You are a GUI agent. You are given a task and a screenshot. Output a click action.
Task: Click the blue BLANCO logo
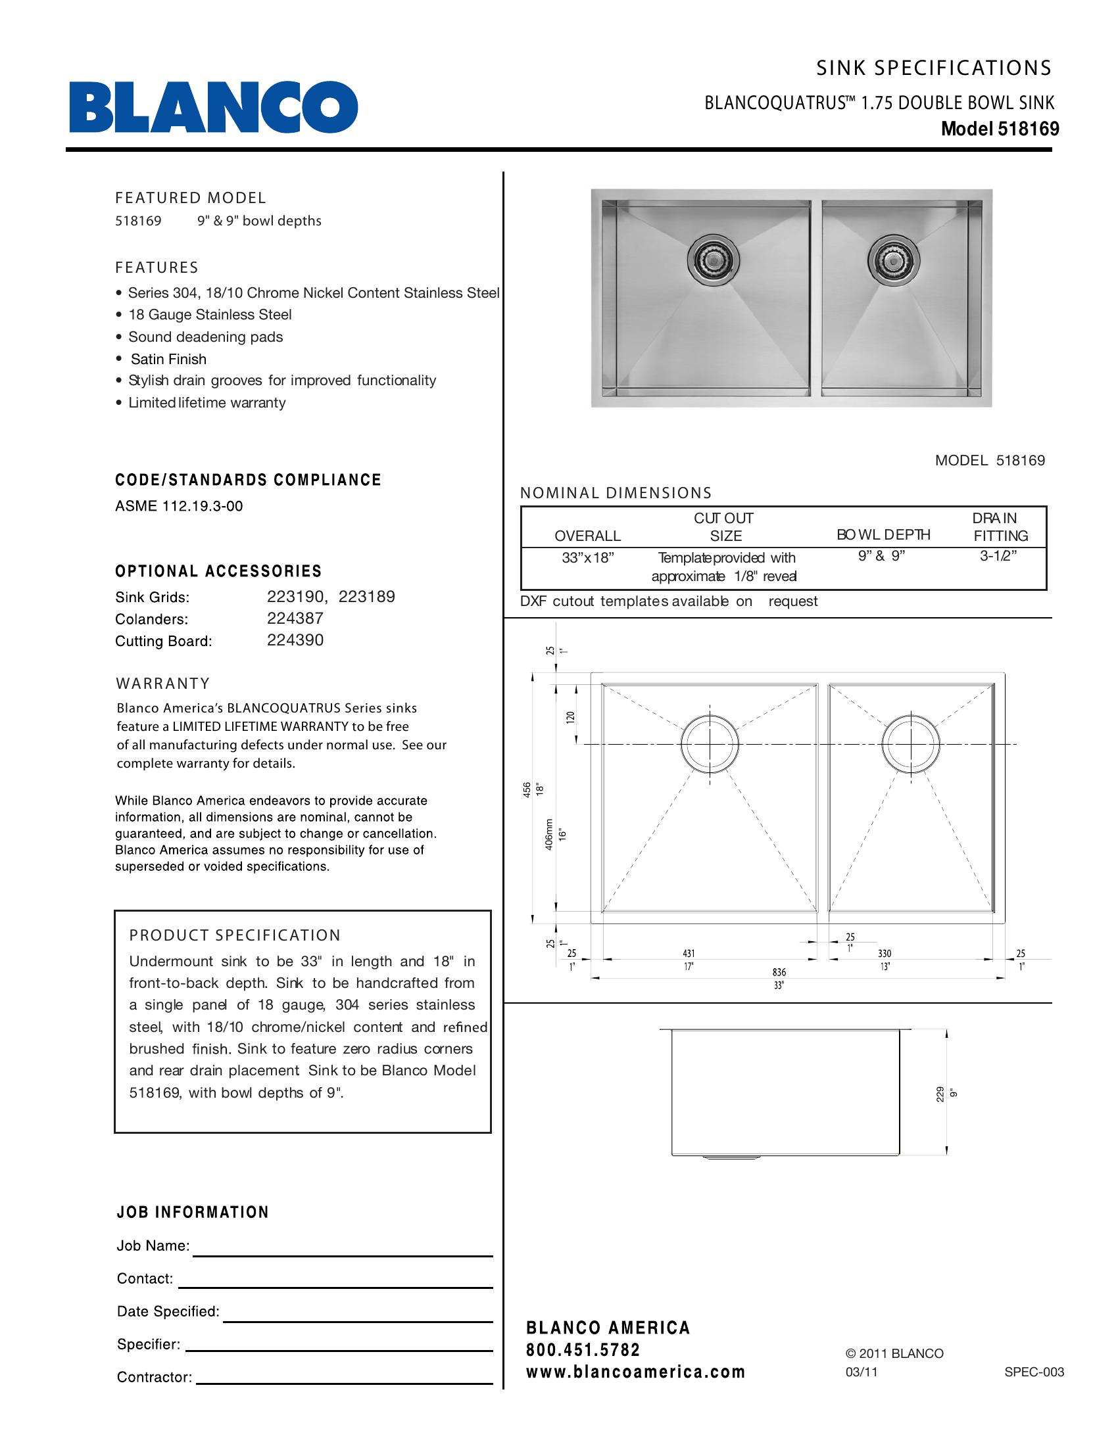click(x=213, y=107)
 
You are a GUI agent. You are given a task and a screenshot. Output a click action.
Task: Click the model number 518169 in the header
click(x=1029, y=129)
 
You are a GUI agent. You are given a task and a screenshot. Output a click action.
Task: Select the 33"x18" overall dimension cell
click(x=587, y=557)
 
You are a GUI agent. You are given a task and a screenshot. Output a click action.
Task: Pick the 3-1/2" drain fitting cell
click(x=998, y=555)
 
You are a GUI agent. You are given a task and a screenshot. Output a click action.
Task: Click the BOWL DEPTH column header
click(x=883, y=534)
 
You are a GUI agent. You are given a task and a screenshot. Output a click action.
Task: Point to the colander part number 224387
click(x=295, y=618)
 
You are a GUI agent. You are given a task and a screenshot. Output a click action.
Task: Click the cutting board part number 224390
click(x=295, y=640)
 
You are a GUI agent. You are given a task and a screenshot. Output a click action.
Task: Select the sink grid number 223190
click(x=295, y=597)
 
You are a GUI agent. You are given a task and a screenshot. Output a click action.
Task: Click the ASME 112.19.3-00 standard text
click(x=179, y=507)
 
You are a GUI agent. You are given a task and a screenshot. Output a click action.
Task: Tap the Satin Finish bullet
click(x=168, y=359)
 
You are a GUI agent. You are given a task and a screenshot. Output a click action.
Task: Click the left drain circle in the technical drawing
click(x=710, y=743)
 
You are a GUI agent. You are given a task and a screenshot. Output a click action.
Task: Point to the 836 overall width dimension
click(x=779, y=972)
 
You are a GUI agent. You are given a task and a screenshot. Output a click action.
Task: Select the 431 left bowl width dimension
click(x=689, y=954)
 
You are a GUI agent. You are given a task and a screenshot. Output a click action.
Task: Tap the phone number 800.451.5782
click(x=583, y=1350)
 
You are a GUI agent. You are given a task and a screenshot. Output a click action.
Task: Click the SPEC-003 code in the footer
click(x=1034, y=1372)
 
